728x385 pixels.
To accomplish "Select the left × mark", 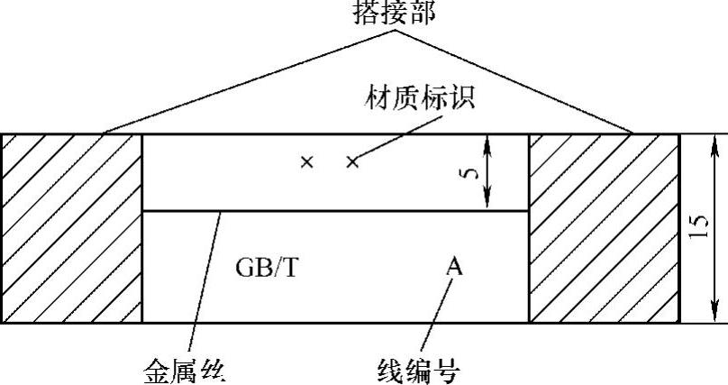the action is pos(307,162).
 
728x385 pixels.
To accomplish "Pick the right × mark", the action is pos(352,162).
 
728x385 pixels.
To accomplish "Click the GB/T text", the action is pos(265,268).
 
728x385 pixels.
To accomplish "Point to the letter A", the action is pos(455,266).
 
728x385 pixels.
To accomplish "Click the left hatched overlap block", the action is pos(71,228).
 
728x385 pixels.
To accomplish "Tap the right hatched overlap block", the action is pos(603,228).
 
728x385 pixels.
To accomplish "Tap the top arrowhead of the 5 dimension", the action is pos(487,141).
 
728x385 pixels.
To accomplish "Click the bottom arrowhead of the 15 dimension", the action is pos(717,314).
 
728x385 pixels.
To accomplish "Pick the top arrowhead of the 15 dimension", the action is pos(717,142).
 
